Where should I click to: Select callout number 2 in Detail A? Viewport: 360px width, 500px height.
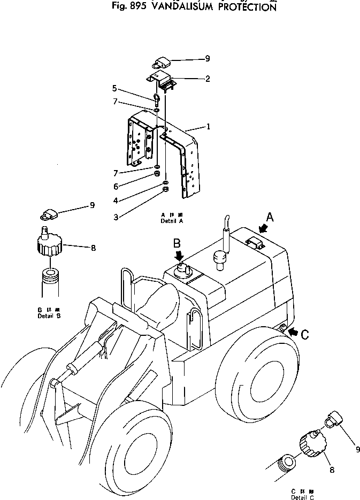tap(208, 79)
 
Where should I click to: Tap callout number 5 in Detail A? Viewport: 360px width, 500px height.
tap(114, 88)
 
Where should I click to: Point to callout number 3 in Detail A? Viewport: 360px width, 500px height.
tap(116, 217)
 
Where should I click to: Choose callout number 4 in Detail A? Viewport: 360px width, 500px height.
tap(116, 201)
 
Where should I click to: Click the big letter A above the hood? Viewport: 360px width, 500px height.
tap(270, 217)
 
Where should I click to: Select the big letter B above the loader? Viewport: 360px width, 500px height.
tap(177, 243)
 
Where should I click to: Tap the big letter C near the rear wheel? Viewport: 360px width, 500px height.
tap(304, 335)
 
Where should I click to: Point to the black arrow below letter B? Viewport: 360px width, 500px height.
tap(180, 256)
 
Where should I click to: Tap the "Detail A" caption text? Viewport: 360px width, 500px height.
tap(172, 220)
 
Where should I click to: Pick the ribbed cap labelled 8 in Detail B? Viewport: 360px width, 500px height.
tap(49, 246)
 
